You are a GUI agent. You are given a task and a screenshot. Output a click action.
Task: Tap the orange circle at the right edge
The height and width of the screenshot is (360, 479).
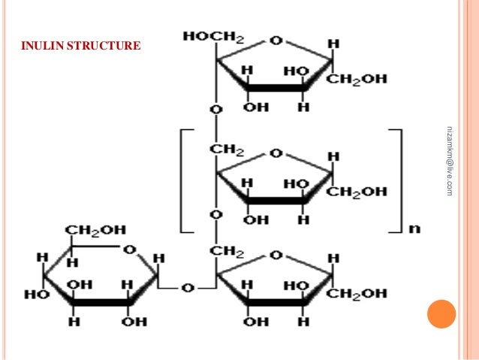click(x=441, y=315)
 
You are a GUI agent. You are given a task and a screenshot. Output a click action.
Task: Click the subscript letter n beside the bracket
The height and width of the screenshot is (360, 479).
click(x=413, y=228)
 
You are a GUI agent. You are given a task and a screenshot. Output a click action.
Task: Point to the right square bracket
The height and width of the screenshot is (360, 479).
click(x=398, y=180)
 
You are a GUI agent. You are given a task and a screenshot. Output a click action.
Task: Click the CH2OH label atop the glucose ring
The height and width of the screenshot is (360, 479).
click(x=95, y=229)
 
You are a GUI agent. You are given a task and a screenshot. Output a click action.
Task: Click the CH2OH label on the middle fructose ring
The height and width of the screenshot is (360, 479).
click(x=358, y=192)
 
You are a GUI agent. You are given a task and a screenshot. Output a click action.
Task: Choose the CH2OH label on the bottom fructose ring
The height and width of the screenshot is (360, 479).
click(x=358, y=293)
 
